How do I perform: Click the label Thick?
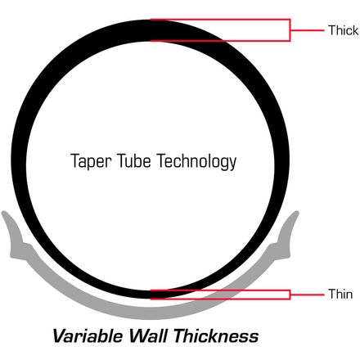point(343,30)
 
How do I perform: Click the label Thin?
point(340,294)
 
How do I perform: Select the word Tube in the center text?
point(134,160)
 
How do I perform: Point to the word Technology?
point(196,161)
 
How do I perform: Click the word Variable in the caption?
point(88,335)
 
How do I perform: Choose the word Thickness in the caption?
point(216,335)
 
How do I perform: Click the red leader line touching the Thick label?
point(307,30)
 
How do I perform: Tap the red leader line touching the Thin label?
point(307,295)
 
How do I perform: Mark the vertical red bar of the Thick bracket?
point(290,30)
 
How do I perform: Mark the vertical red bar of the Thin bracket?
point(290,295)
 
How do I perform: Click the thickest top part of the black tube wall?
point(151,30)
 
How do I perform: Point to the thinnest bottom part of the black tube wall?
point(151,295)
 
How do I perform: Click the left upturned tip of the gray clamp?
point(4,213)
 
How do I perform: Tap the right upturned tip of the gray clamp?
point(296,213)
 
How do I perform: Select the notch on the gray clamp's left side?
point(22,242)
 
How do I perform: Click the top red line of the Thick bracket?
point(220,20)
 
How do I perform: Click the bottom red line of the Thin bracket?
point(220,299)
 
